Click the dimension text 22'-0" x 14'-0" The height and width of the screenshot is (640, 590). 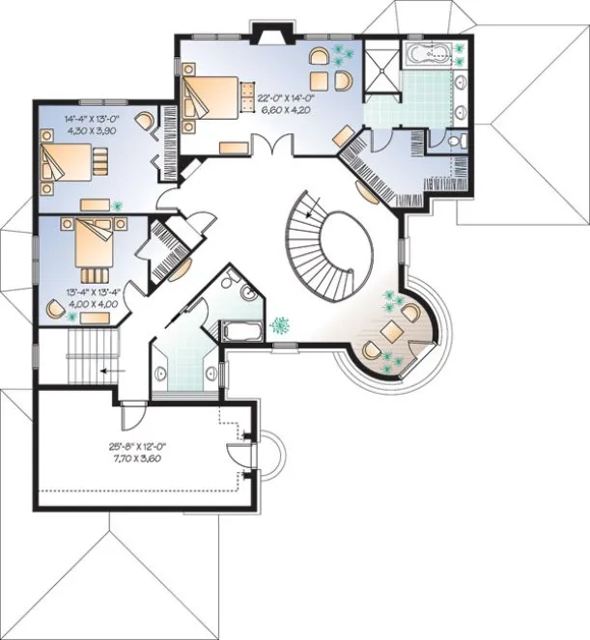point(284,97)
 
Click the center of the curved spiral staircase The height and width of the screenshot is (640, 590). point(345,237)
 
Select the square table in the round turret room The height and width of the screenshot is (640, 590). point(392,329)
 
